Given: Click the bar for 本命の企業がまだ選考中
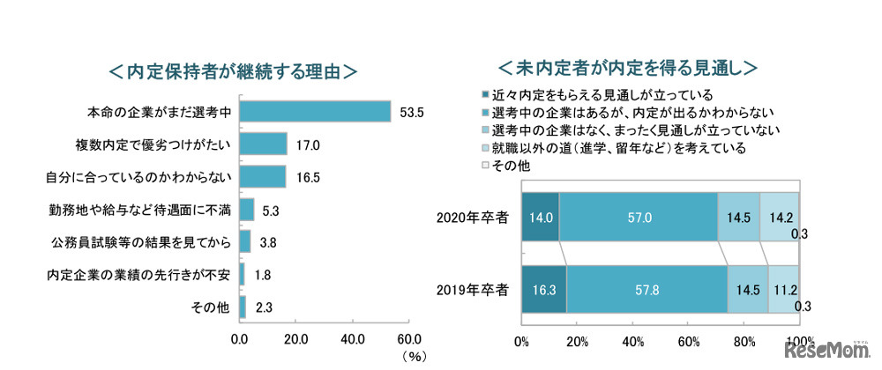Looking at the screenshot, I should coord(315,111).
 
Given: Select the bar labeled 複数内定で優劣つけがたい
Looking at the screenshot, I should coord(263,144).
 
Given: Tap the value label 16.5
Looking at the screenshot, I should coord(306,176).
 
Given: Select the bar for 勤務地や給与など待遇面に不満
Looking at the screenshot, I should coord(246,209).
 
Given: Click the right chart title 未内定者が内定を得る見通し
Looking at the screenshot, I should coord(628,68).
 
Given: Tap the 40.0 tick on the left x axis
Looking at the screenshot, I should coord(353,338).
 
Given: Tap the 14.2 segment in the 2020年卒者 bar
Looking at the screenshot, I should coord(779,216).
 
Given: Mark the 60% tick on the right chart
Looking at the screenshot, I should coord(688,342).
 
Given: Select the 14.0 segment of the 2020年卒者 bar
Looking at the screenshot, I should coord(540,216).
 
